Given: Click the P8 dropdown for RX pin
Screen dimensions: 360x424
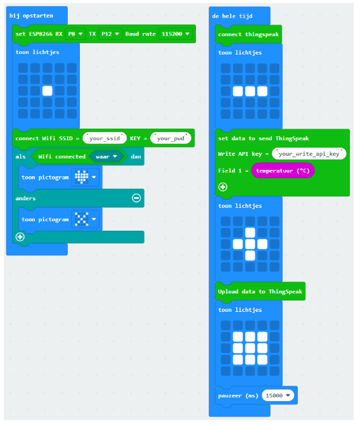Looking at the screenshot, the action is (x=75, y=34).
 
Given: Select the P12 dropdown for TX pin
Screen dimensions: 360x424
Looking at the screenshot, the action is (x=110, y=34).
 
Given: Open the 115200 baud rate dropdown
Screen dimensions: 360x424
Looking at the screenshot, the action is (x=176, y=34).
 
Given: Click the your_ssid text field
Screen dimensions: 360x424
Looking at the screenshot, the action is (x=105, y=138).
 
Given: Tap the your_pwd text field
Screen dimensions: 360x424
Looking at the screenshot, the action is (x=170, y=138).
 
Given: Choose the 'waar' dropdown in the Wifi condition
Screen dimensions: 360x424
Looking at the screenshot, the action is (x=106, y=157).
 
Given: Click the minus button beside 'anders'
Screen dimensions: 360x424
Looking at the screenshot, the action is (x=136, y=198).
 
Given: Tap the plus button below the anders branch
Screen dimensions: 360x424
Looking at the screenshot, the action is (x=20, y=237).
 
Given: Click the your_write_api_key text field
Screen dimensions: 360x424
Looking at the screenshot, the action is (x=309, y=153).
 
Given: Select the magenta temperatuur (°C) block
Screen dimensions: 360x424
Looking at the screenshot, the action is (x=283, y=170).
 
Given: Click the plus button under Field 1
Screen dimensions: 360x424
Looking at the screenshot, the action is (x=223, y=187).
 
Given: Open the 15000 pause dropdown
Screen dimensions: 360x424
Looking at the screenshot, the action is (x=278, y=395).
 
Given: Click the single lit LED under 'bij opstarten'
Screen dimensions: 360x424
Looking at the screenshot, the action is (x=48, y=91).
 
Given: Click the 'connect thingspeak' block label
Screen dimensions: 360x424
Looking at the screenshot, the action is (x=248, y=34).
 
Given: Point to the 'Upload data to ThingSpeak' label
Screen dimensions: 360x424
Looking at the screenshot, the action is (x=260, y=292).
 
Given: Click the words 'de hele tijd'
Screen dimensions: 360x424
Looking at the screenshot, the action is (x=233, y=16).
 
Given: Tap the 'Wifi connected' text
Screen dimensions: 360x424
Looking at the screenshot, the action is (x=62, y=157).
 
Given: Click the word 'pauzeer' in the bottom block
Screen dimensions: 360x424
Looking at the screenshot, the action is (x=230, y=395).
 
